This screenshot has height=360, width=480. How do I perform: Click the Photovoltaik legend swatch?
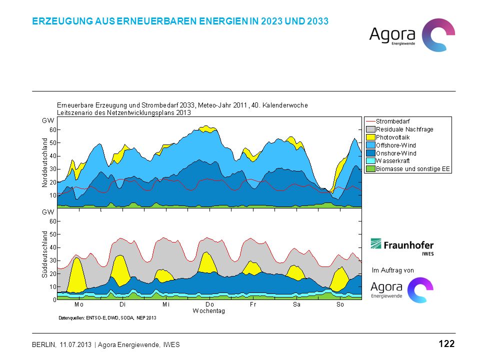tap(370, 137)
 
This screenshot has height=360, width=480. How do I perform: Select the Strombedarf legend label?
tap(393, 121)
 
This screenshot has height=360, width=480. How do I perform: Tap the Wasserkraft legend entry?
tap(388, 160)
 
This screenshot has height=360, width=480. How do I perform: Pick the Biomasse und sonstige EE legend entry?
tap(408, 168)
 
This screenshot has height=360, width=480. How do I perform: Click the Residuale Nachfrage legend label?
tap(404, 129)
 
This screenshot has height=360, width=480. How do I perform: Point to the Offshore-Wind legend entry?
tap(391, 145)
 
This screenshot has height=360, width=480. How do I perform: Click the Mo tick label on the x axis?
tap(78, 304)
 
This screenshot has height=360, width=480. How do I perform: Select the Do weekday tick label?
tap(209, 304)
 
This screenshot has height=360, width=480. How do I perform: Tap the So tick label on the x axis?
tap(340, 304)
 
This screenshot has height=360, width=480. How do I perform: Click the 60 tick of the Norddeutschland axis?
tap(53, 130)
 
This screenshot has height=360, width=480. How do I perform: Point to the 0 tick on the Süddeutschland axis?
tap(55, 300)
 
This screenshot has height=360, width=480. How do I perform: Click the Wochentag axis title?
tap(209, 311)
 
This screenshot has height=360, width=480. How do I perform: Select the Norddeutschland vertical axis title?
tap(44, 162)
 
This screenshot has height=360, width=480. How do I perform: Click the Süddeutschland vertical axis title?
tap(44, 254)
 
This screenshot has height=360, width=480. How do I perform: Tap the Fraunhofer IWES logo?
tap(402, 246)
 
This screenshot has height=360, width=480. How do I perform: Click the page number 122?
tap(446, 344)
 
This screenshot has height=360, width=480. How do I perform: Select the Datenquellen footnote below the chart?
tap(107, 318)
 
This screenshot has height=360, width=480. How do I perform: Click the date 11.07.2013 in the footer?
tap(75, 344)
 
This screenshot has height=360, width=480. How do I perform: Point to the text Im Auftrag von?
tap(393, 270)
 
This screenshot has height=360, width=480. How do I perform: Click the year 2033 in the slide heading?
tap(318, 21)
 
